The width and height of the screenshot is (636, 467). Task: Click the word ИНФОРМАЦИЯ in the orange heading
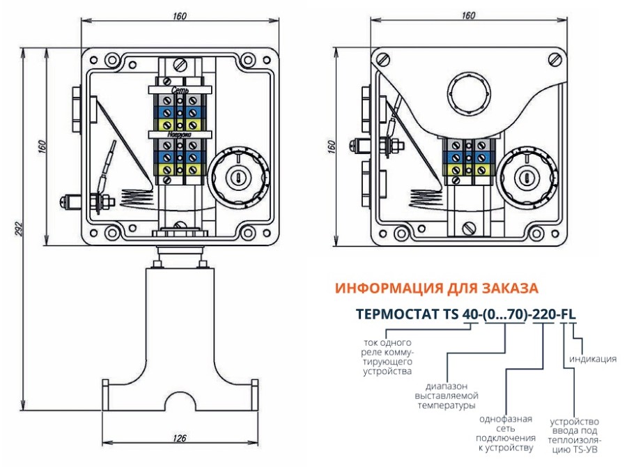pyautogui.click(x=391, y=288)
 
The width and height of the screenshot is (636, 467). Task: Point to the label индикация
pyautogui.click(x=593, y=359)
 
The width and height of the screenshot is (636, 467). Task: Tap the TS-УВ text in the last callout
pyautogui.click(x=585, y=451)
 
